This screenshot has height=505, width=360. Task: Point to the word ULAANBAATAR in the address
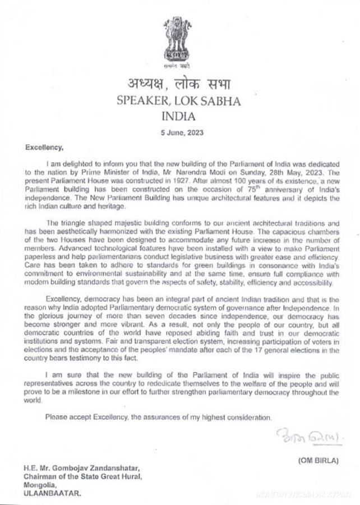pyautogui.click(x=52, y=493)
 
